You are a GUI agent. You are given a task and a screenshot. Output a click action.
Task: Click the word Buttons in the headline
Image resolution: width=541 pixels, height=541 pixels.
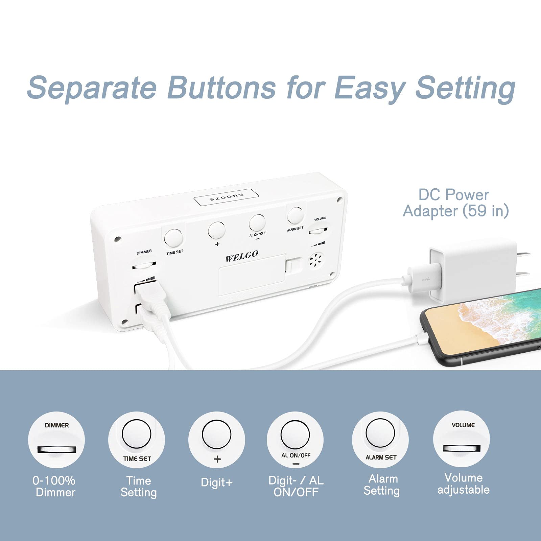tap(222, 87)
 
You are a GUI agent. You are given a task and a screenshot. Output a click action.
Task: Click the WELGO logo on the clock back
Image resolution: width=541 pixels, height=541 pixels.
tap(242, 256)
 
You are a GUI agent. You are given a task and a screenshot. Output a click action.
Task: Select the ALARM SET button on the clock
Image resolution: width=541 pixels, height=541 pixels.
tap(295, 215)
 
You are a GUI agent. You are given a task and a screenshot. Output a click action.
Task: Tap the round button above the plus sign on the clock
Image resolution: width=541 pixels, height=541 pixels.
tap(217, 230)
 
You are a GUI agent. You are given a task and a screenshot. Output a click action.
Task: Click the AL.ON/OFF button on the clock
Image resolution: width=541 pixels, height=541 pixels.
tap(257, 222)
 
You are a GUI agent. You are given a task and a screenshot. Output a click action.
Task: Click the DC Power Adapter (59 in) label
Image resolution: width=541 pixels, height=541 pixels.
tap(456, 203)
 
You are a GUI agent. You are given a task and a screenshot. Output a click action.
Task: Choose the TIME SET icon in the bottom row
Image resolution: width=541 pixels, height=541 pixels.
tap(137, 439)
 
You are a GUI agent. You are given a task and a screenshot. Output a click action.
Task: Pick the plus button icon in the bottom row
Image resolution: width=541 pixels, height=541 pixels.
tap(217, 439)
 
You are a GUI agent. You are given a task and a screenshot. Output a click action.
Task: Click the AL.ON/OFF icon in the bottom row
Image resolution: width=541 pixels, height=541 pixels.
tap(295, 439)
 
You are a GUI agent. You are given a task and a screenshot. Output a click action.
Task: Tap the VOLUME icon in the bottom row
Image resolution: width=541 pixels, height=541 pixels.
tap(462, 439)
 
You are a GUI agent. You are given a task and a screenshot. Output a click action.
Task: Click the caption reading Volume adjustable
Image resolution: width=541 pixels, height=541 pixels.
tap(464, 484)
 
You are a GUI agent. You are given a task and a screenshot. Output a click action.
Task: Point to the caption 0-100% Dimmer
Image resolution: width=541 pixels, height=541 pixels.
tap(54, 486)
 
